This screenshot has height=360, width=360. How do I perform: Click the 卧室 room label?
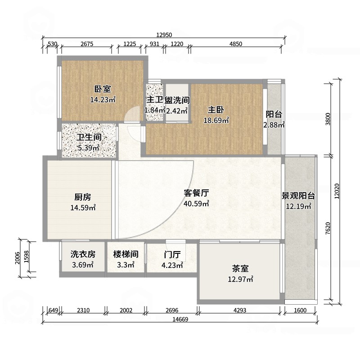click(x=103, y=89)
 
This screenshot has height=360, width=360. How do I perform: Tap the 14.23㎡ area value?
click(x=103, y=99)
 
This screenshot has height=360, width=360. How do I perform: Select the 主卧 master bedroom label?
click(x=216, y=110)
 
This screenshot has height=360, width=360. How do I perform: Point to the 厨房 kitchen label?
click(x=83, y=197)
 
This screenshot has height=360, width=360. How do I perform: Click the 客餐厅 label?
click(x=196, y=193)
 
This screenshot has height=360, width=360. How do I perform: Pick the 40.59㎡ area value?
click(x=196, y=203)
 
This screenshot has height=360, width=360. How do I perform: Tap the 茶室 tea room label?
click(x=240, y=268)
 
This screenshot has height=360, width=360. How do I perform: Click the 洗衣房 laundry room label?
click(x=83, y=254)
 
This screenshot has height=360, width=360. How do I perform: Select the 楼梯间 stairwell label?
click(x=126, y=254)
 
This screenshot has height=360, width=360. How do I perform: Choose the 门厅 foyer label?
click(x=172, y=254)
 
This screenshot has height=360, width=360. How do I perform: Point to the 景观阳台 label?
click(x=298, y=196)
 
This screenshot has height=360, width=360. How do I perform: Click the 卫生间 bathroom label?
click(x=89, y=137)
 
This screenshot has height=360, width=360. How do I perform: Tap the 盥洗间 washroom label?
click(x=177, y=100)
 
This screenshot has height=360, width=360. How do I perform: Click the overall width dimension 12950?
click(x=164, y=35)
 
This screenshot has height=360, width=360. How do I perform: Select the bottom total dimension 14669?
click(x=180, y=319)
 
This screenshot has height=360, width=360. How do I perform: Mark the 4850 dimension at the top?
click(x=236, y=44)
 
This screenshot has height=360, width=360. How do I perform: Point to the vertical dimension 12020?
click(x=337, y=191)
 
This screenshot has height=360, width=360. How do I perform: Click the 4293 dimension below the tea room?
click(x=240, y=310)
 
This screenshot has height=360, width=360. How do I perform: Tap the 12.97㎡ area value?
click(x=240, y=279)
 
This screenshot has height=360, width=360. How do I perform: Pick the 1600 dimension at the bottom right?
click(x=300, y=310)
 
